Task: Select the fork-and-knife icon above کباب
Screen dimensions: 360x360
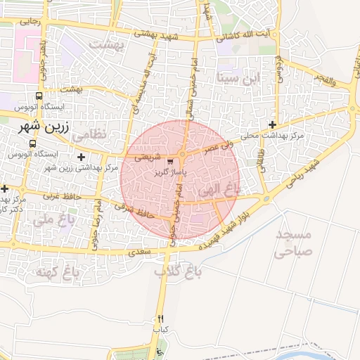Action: (160, 319)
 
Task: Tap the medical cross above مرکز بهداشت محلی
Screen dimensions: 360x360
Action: (272, 125)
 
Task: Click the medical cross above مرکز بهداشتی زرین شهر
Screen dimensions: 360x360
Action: (82, 157)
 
